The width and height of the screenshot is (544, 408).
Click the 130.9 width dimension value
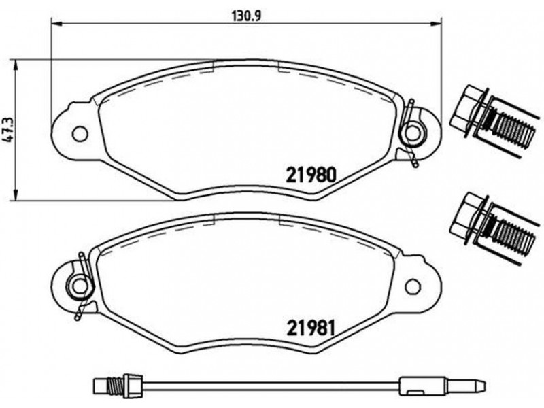click(246, 16)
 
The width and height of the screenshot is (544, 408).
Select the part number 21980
click(311, 175)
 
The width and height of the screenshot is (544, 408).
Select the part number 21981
click(311, 328)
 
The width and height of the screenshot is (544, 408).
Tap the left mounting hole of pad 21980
click(80, 133)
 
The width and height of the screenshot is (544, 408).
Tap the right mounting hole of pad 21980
click(413, 133)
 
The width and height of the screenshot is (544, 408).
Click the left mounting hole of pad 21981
click(80, 286)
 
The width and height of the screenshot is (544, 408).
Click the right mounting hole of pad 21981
click(413, 286)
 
